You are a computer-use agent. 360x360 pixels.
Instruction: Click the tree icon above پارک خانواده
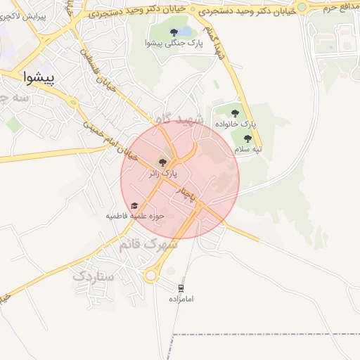(x=235, y=112)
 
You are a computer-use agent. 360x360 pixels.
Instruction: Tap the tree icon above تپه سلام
(x=247, y=139)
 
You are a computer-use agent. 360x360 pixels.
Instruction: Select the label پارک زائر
(x=163, y=172)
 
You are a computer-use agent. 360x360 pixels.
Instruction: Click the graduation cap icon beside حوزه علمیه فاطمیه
(x=134, y=205)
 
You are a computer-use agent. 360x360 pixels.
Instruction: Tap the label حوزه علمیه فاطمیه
(x=135, y=216)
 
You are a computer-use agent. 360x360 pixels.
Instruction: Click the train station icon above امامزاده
(x=181, y=288)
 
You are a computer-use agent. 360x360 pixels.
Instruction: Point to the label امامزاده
(x=181, y=299)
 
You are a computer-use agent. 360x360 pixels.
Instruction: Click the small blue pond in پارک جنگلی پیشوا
(x=184, y=32)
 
